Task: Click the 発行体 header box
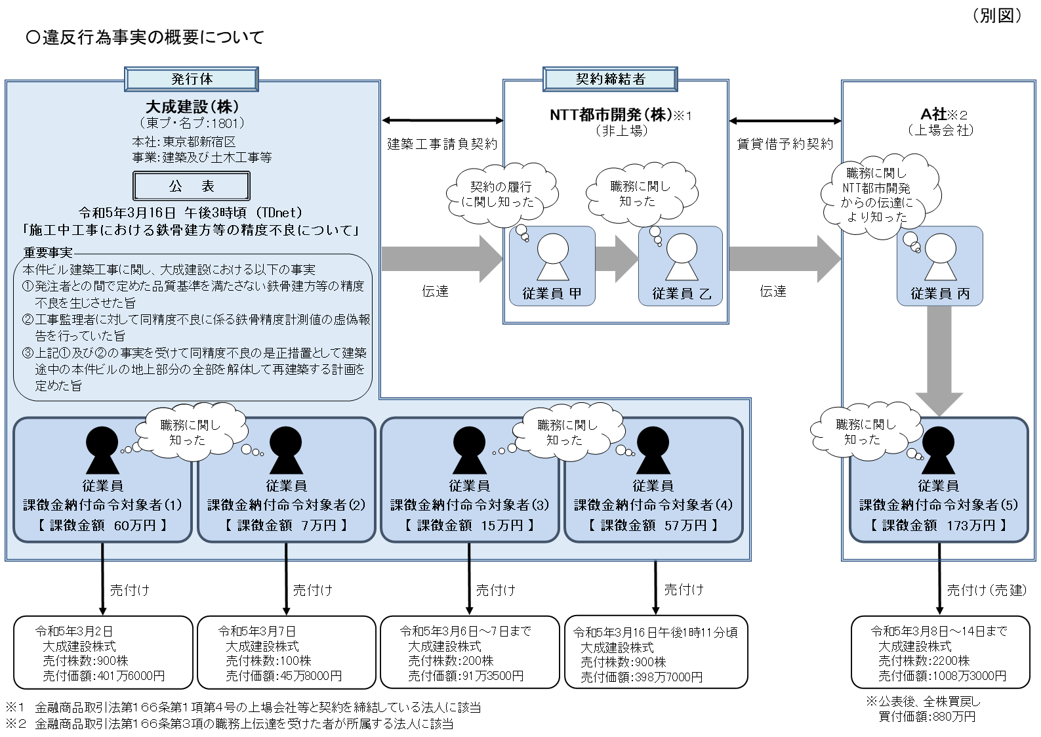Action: pos(192,79)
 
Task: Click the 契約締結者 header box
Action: pos(610,79)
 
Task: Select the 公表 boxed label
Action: pos(192,186)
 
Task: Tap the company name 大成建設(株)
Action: pos(192,106)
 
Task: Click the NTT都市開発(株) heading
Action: pos(610,115)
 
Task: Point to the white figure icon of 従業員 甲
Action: pos(552,257)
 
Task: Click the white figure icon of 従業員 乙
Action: pos(682,257)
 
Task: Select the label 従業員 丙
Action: pos(939,294)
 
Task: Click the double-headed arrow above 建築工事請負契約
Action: pos(442,121)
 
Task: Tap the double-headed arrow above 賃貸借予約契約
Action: pos(785,121)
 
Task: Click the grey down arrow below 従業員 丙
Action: pos(939,361)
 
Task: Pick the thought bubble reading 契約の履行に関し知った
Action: pos(501,194)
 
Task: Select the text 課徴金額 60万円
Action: pos(102,525)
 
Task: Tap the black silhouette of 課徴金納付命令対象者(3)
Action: pos(469,450)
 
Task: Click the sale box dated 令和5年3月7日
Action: pos(286,652)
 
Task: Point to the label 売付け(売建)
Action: pos(986,590)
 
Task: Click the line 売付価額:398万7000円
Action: pos(641,677)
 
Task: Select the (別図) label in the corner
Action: pos(996,16)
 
